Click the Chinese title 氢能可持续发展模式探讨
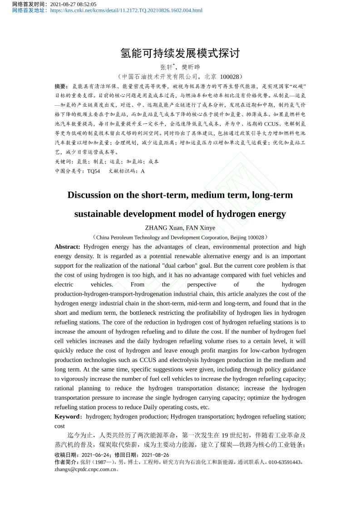180,53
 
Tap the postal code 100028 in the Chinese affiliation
229,77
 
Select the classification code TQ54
94,171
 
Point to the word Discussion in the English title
89,195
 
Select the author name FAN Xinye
201,228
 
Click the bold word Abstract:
67,247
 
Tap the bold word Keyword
67,416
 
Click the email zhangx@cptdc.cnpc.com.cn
85,470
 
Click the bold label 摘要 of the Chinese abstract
61,86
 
